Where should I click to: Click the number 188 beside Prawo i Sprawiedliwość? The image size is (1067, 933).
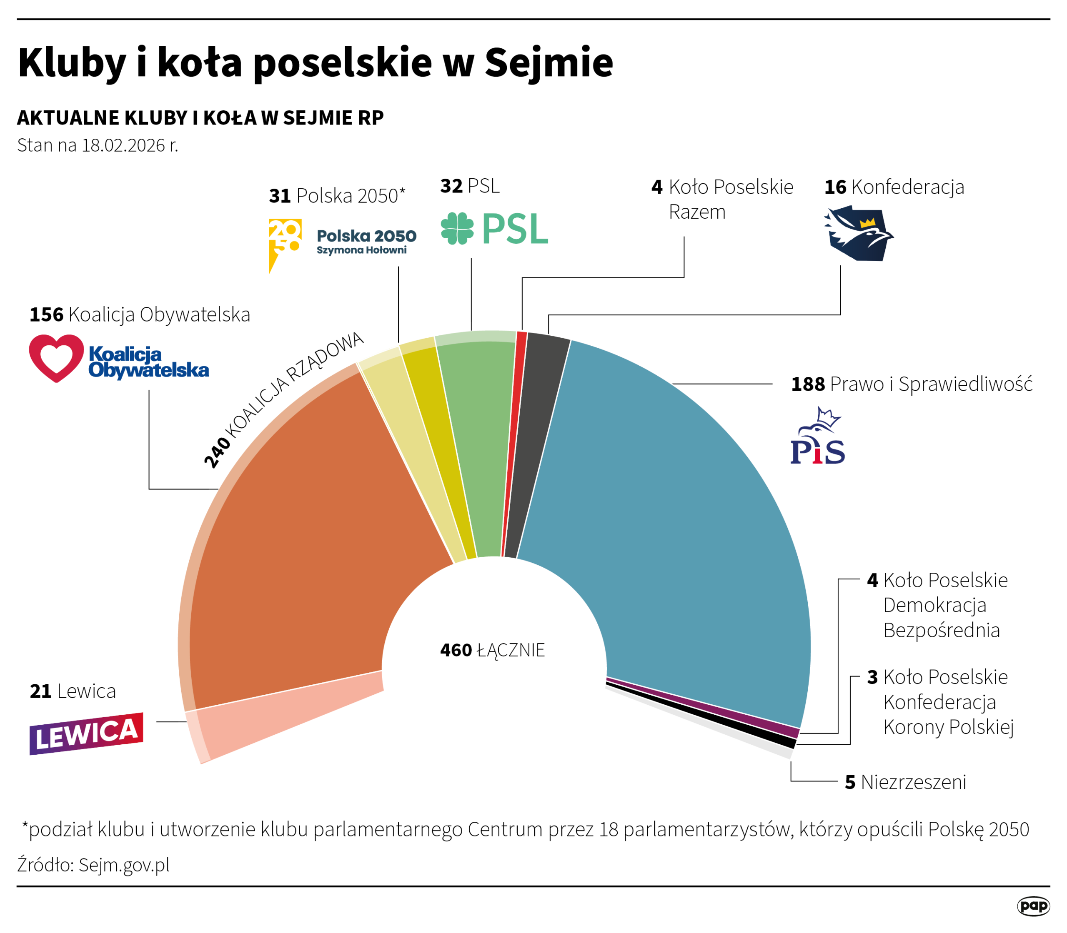click(x=808, y=384)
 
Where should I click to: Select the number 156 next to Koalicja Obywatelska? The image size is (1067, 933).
click(x=46, y=314)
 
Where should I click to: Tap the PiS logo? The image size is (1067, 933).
click(x=817, y=437)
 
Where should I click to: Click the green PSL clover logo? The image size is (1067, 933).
click(x=457, y=228)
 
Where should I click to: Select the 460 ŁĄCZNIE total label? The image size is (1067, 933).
click(x=492, y=650)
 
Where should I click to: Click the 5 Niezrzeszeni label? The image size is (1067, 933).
click(x=905, y=782)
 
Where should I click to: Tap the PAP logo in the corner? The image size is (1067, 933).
click(x=1033, y=906)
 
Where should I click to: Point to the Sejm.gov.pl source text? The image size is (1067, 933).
click(x=124, y=864)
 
